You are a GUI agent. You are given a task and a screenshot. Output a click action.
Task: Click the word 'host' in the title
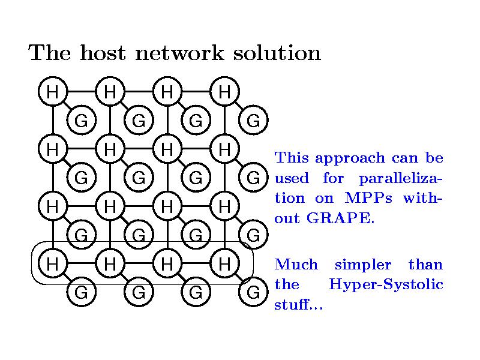coord(103,53)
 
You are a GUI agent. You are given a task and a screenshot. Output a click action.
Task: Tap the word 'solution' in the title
coord(277,53)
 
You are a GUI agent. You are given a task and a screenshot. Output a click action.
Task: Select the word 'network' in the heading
coord(179,53)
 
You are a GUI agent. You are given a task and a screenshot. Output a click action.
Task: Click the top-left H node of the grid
coord(53,92)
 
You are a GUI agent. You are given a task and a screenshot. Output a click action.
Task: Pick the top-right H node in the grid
coord(224,92)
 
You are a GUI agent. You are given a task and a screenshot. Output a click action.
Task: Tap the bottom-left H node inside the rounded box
coord(53,263)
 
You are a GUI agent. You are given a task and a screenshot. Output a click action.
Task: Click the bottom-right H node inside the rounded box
coord(224,263)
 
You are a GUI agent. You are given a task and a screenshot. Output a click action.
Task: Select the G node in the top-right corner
coord(253,120)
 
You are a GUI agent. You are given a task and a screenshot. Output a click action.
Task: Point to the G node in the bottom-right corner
coord(253,292)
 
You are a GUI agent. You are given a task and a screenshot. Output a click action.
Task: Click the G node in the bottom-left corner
coord(82,292)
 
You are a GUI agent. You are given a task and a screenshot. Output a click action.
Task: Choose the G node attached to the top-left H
coord(82,120)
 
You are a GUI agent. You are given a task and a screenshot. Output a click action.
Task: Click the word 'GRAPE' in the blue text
coord(340,218)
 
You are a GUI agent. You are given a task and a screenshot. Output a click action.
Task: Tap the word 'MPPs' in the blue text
coord(368,198)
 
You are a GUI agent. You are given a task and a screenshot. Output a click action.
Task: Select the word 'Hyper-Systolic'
coord(386,284)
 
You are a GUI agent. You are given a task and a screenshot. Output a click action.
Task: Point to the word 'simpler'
coord(363,265)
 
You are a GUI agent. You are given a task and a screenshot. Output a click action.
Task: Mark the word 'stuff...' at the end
coord(298,304)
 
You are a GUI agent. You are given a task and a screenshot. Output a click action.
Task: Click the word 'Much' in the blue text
coord(296,264)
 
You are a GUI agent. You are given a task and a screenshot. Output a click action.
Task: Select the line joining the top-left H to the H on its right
coord(82,92)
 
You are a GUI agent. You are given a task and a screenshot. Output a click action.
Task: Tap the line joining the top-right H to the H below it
coord(224,120)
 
